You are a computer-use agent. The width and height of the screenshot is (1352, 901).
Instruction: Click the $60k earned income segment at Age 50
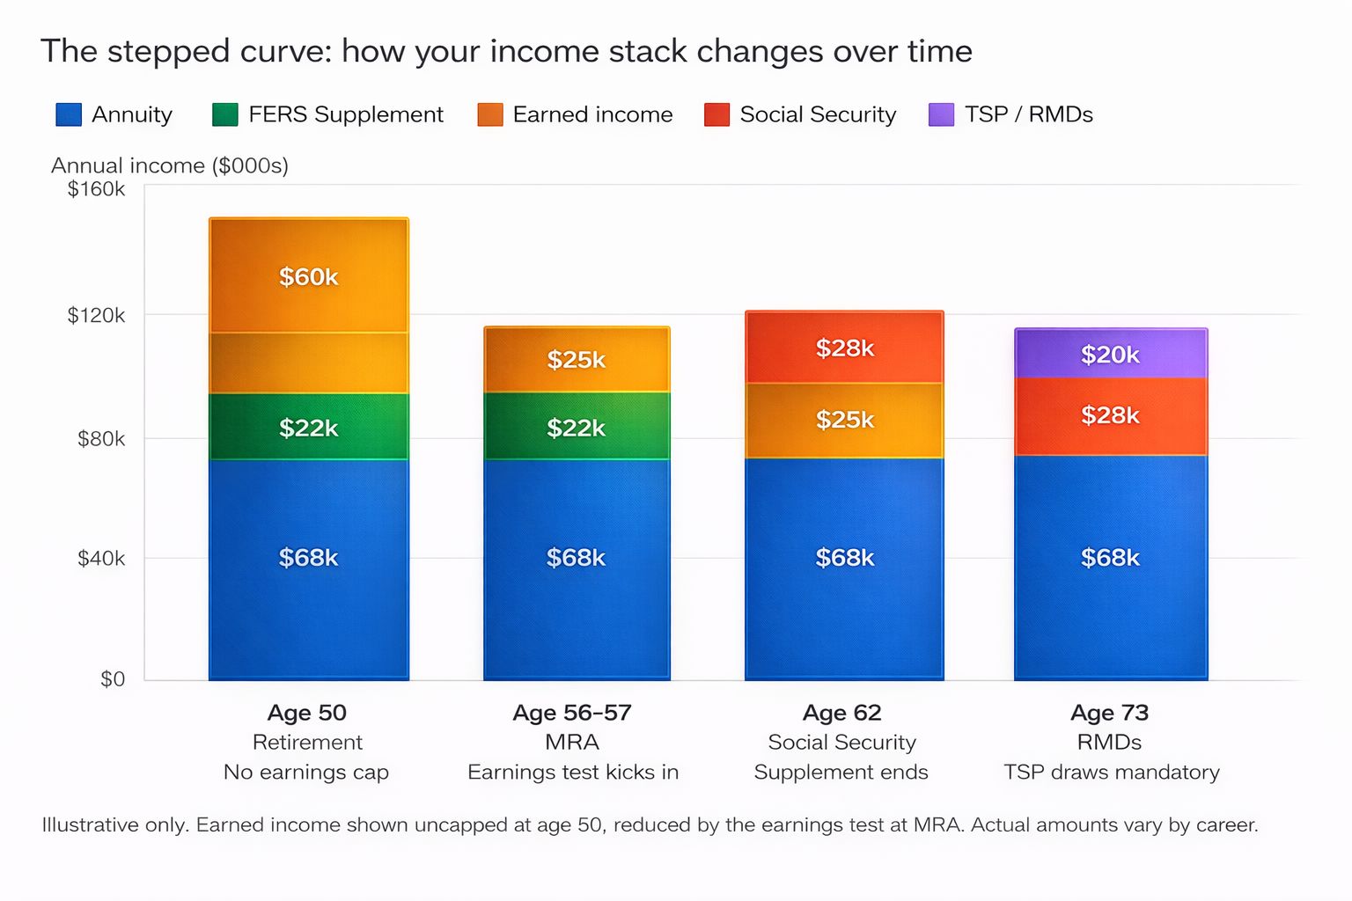tap(308, 275)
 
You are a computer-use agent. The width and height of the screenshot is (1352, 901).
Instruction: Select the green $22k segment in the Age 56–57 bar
tap(577, 426)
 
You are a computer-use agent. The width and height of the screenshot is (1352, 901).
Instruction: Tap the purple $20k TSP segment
tap(1111, 353)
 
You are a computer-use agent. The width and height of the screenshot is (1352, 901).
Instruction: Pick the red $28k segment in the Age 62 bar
tap(844, 347)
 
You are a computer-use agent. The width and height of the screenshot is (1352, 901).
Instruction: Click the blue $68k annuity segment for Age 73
tap(1111, 568)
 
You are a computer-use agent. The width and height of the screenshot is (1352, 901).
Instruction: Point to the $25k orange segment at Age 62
tap(844, 421)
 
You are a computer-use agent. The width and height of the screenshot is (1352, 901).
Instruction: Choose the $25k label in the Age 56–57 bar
tap(577, 360)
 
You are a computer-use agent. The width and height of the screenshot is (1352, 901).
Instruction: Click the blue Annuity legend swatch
tap(69, 114)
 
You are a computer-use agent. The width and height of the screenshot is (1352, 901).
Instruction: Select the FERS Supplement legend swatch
tap(225, 114)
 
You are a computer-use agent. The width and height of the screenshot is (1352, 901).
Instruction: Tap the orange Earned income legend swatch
tap(490, 114)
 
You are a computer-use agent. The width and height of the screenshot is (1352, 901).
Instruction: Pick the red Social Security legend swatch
tap(717, 114)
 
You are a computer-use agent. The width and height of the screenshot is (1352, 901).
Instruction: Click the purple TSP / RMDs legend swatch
tap(942, 114)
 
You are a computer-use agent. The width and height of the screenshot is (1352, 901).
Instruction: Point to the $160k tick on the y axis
tap(96, 189)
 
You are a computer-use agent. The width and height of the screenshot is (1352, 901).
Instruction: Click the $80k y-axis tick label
tap(101, 439)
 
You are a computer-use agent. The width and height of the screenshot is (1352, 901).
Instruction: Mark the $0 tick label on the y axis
tap(113, 679)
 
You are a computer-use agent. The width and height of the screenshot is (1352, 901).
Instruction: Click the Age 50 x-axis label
tap(307, 713)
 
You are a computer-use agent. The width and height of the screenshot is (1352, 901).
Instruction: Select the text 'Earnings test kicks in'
tap(573, 772)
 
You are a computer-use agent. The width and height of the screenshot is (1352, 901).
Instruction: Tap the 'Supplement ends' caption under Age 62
tap(841, 773)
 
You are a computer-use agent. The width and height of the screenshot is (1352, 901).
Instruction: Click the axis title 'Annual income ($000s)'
tap(170, 165)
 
